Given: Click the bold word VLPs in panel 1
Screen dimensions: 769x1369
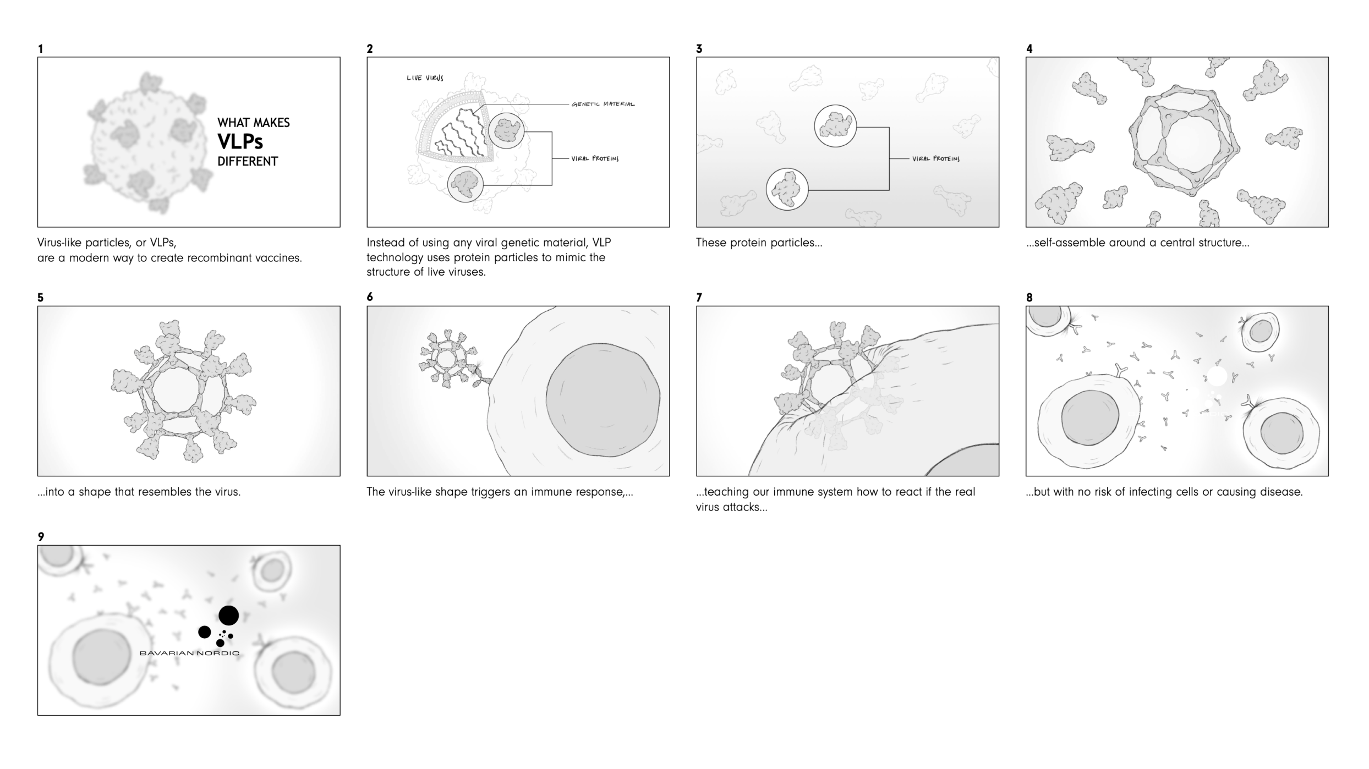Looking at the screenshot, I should [240, 142].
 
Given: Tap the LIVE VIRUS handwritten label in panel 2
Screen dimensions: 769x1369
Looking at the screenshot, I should [425, 78].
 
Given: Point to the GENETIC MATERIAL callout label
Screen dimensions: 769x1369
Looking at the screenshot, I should [603, 104].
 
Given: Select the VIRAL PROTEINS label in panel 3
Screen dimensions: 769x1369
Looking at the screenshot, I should [935, 159].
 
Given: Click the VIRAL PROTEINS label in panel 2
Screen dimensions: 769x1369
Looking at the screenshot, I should [594, 159].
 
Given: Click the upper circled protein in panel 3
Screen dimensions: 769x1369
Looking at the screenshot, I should [835, 127].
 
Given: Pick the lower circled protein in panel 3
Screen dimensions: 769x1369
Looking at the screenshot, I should [787, 190].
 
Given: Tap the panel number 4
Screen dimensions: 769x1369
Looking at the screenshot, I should [1030, 49].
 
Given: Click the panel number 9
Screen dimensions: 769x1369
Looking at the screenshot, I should [41, 536].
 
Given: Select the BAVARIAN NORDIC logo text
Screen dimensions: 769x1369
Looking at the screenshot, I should [189, 653].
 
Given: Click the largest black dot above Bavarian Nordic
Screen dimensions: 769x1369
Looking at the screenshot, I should [228, 616].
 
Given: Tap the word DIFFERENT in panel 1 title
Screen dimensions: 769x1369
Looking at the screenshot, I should [248, 162].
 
